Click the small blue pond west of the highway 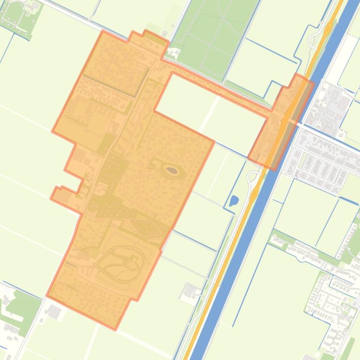click(x=234, y=201)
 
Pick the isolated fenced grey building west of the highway click(x=190, y=291)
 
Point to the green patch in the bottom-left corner click(x=21, y=304)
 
